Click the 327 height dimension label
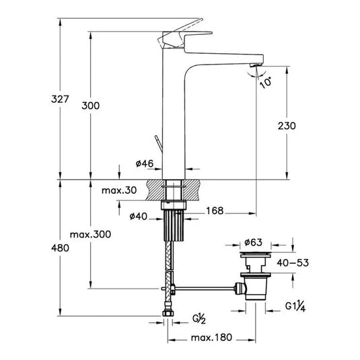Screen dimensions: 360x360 click(61, 100)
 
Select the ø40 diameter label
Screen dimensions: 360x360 click(139, 215)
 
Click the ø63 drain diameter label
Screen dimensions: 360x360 click(254, 241)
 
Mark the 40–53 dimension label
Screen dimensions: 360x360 click(295, 262)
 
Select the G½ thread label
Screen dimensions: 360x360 click(200, 318)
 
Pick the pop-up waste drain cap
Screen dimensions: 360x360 click(253, 257)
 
